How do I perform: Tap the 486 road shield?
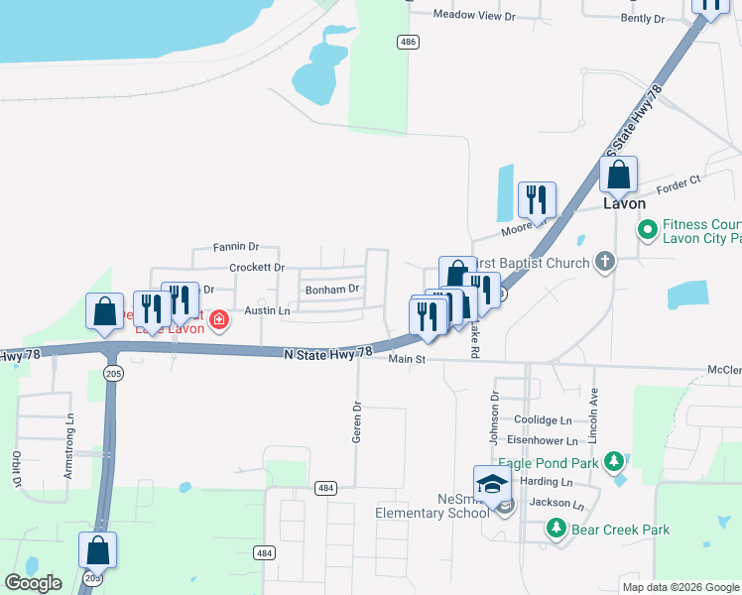(407, 42)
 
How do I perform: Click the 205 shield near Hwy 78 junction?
(112, 372)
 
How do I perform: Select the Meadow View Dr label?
(476, 15)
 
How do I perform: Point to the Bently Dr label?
(642, 19)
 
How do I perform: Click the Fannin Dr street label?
(236, 247)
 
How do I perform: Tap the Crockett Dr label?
(257, 268)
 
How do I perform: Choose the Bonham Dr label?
(331, 290)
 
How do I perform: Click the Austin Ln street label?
(267, 310)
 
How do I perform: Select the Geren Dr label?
(358, 421)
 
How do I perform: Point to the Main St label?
(407, 359)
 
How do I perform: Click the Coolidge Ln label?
(545, 420)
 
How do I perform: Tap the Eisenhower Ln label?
(543, 440)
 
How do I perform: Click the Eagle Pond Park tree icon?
(614, 461)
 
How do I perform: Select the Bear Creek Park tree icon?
(558, 529)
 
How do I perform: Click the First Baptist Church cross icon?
(605, 263)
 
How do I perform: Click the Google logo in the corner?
(34, 582)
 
